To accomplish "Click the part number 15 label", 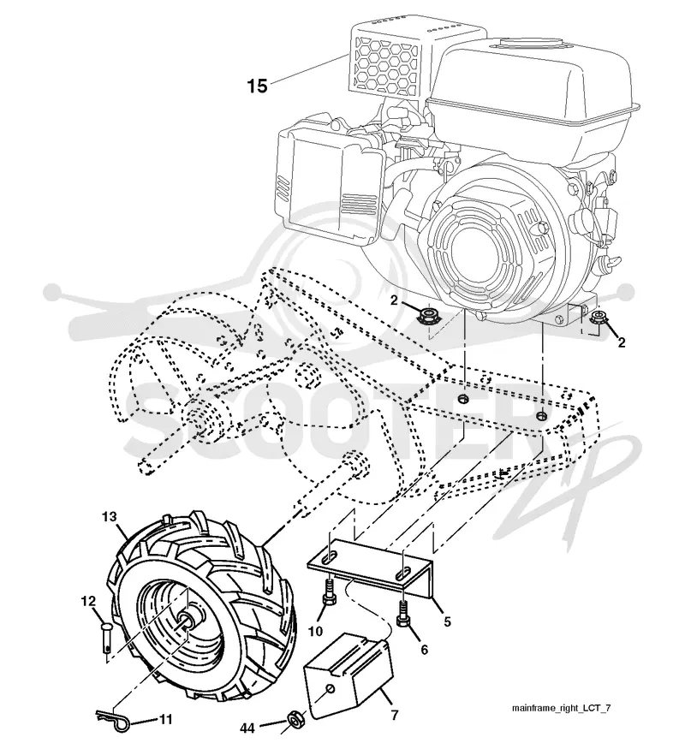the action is click(x=257, y=86).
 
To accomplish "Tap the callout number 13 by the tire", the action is click(x=110, y=517).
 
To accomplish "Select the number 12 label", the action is click(x=88, y=601).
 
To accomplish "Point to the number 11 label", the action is click(x=165, y=719).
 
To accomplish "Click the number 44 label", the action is click(x=247, y=728).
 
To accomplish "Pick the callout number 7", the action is click(x=395, y=715).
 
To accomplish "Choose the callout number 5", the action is click(x=447, y=621).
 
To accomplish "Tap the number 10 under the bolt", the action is click(x=315, y=631).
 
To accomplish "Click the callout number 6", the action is click(x=424, y=650).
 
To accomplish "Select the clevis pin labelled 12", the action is click(x=106, y=638).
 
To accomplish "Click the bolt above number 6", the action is click(x=402, y=611).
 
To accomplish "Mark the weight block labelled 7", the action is click(x=348, y=675).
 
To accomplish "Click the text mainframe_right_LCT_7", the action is click(x=561, y=708).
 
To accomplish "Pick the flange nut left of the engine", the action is click(x=426, y=317).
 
